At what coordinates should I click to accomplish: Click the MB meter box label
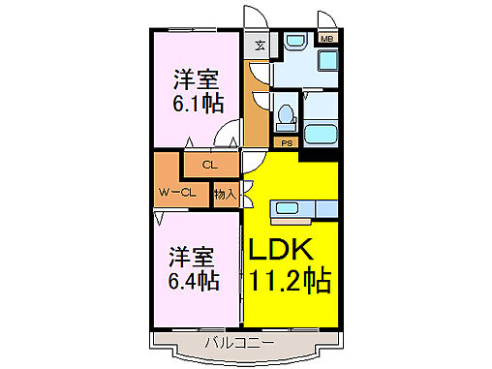pyautogui.click(x=328, y=41)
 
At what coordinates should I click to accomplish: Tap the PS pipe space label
pyautogui.click(x=287, y=143)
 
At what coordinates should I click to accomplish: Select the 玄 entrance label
pyautogui.click(x=261, y=44)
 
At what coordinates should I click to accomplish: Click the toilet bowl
pyautogui.click(x=286, y=117)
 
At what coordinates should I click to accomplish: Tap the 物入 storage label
pyautogui.click(x=225, y=194)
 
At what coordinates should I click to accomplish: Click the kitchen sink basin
pyautogui.click(x=289, y=206)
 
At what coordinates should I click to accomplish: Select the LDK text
pyautogui.click(x=282, y=250)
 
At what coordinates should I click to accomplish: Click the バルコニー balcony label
pyautogui.click(x=239, y=343)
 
